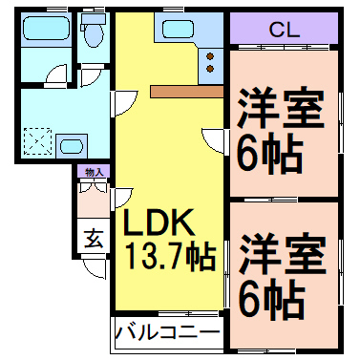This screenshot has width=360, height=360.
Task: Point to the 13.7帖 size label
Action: click(168, 256)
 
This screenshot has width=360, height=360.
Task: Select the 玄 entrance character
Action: click(94, 238)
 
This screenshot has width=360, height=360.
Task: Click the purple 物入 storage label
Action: click(94, 173)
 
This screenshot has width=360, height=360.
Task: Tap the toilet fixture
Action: click(93, 36)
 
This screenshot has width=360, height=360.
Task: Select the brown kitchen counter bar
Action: click(185, 92)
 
